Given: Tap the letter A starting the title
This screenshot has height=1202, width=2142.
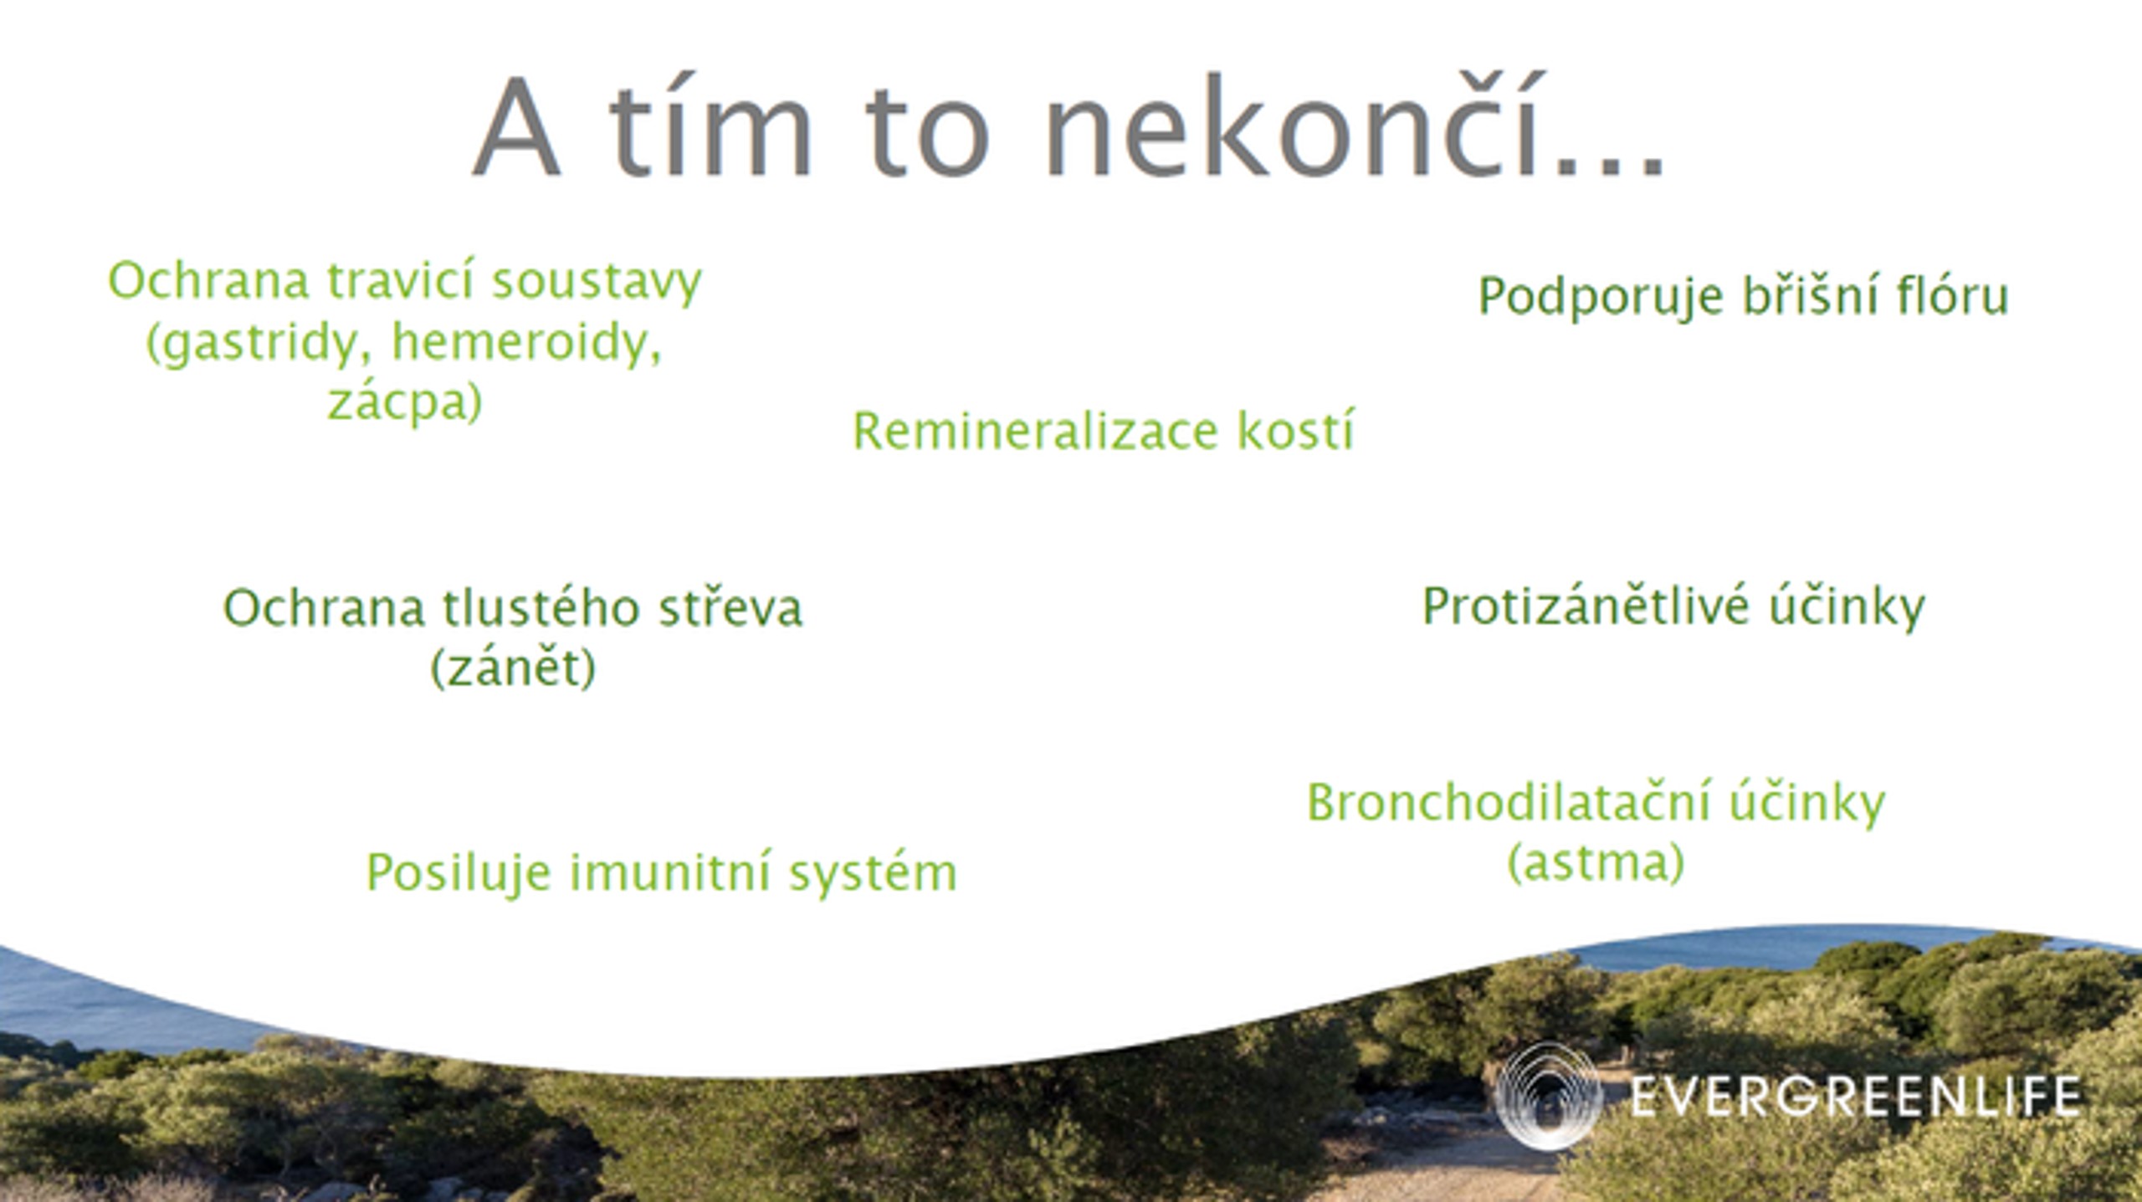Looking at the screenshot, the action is pyautogui.click(x=515, y=129).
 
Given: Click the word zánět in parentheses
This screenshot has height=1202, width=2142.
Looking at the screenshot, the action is pyautogui.click(x=513, y=667).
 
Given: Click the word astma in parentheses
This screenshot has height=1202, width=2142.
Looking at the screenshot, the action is pyautogui.click(x=1596, y=863).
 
